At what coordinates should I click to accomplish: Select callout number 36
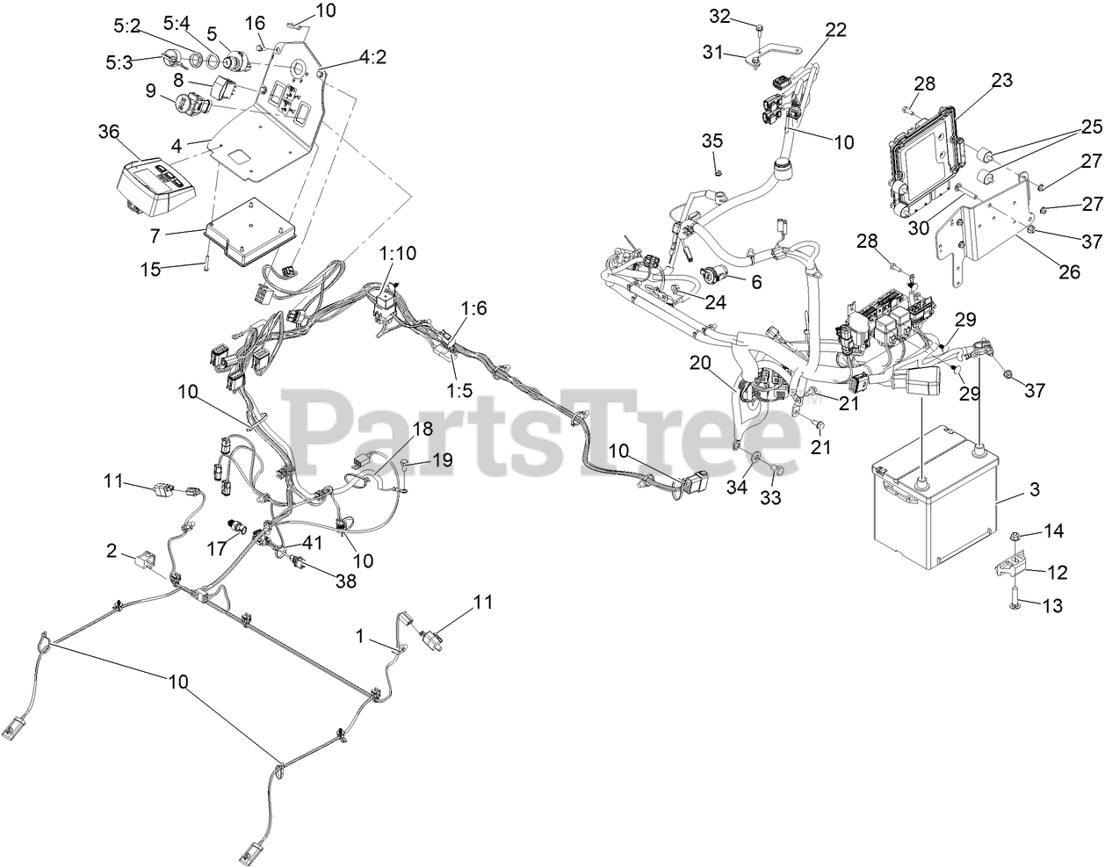[x=108, y=131]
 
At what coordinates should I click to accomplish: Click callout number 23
[x=1002, y=81]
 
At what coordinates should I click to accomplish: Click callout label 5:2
[x=127, y=26]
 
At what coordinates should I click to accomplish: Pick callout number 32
[x=719, y=16]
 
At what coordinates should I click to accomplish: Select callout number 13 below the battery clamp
[x=1055, y=604]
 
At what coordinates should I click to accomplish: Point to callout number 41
[x=314, y=542]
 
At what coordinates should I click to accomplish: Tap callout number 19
[x=443, y=459]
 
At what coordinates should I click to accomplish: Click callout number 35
[x=712, y=140]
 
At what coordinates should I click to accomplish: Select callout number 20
[x=698, y=362]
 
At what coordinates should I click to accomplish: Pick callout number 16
[x=254, y=21]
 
